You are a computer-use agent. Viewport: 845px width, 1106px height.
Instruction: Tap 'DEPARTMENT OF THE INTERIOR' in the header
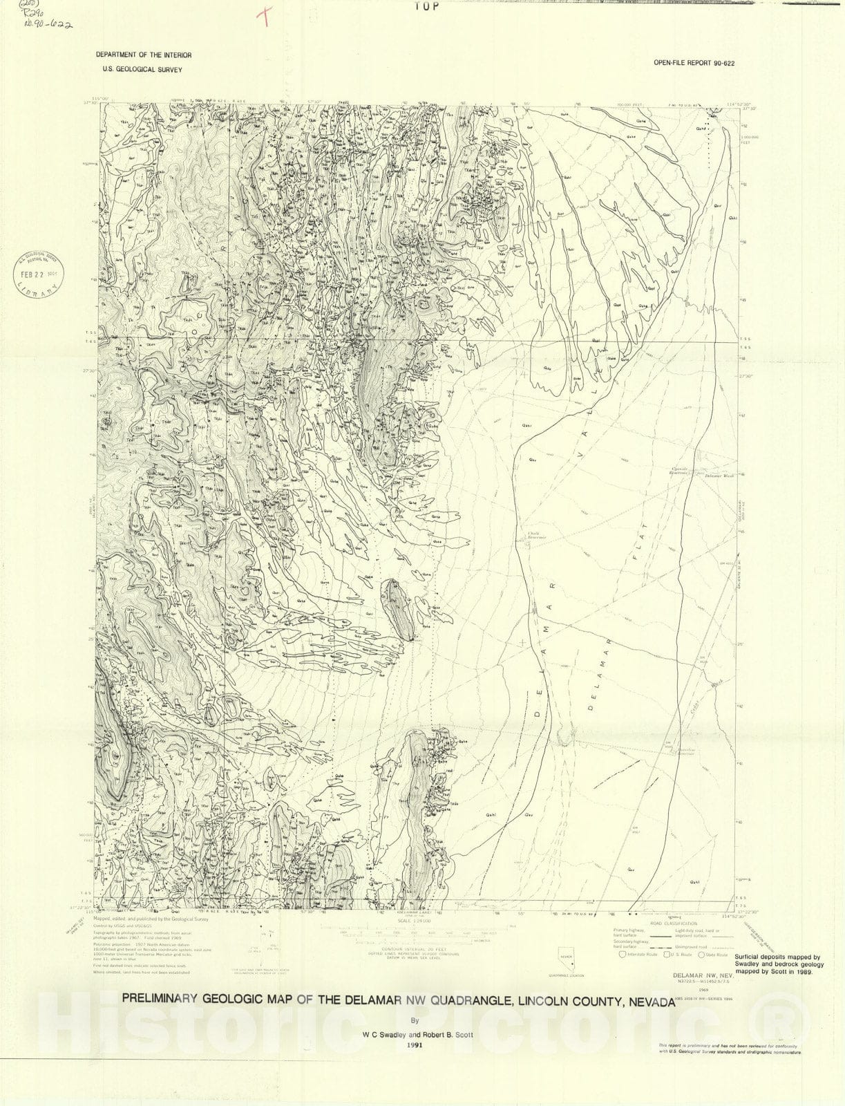[x=144, y=55]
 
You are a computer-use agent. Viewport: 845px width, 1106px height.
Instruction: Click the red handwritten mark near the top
[x=263, y=18]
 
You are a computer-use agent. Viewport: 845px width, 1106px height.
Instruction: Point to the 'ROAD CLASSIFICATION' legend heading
[x=671, y=923]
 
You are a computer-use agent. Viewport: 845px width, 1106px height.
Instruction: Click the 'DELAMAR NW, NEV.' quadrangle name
[x=699, y=975]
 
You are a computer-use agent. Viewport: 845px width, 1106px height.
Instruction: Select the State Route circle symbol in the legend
[x=701, y=955]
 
